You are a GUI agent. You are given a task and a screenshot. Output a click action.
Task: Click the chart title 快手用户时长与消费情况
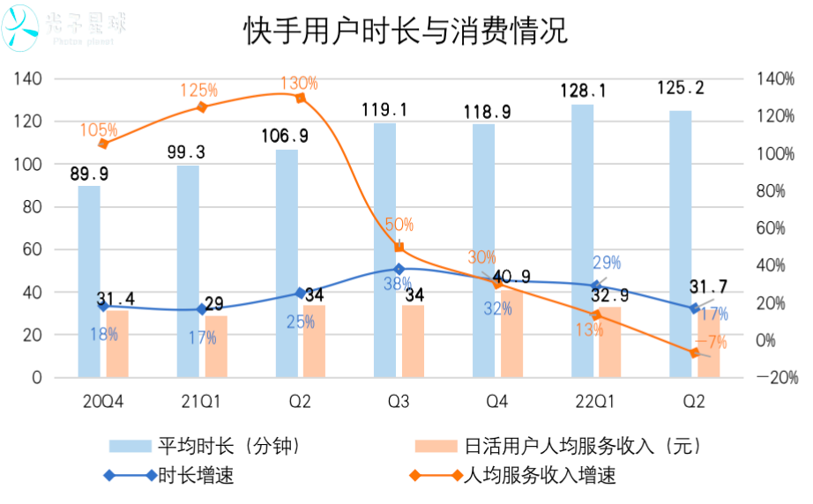406,33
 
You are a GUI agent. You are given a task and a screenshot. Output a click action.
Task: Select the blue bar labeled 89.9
89,282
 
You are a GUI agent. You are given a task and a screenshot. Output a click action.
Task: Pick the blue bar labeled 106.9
287,263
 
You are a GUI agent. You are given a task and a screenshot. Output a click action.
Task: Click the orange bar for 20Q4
117,344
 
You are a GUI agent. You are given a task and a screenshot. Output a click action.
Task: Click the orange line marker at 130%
300,98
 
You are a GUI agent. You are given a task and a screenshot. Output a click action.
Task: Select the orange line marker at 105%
103,144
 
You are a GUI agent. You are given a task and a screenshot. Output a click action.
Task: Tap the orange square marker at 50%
399,248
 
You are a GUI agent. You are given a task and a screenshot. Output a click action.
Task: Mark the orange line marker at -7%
695,352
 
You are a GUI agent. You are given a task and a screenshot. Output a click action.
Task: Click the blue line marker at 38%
399,269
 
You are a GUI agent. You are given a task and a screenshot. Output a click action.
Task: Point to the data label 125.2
680,88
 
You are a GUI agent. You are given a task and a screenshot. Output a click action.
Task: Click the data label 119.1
384,110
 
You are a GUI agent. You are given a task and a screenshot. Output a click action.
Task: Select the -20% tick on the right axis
778,377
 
